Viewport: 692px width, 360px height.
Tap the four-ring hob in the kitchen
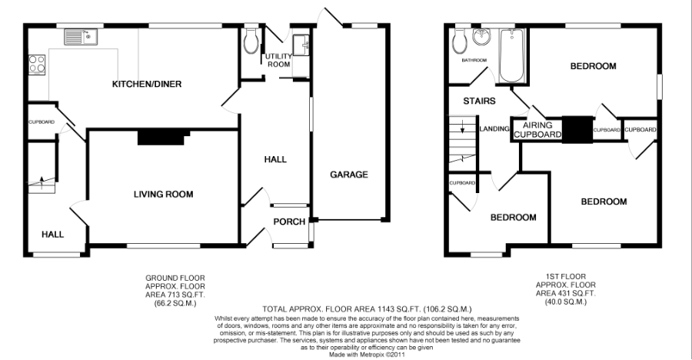(37, 64)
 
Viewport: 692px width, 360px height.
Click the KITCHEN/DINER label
(147, 84)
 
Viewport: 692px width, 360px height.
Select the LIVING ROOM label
(163, 194)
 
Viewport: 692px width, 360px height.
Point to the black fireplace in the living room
(162, 137)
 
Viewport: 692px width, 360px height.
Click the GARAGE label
(349, 175)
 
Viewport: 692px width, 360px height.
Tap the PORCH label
(289, 222)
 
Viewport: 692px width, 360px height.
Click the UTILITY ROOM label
(279, 60)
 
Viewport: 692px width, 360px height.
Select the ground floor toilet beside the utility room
(251, 41)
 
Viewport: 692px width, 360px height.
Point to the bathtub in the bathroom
(511, 55)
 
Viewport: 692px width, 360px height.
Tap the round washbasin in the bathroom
(481, 37)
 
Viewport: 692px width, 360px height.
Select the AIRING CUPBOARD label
(537, 130)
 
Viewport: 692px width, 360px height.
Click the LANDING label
(494, 128)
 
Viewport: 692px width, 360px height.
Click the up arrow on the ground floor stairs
(42, 181)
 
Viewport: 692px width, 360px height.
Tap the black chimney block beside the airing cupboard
(577, 130)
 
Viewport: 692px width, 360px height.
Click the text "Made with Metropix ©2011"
(367, 355)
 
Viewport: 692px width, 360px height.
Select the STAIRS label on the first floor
(479, 101)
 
